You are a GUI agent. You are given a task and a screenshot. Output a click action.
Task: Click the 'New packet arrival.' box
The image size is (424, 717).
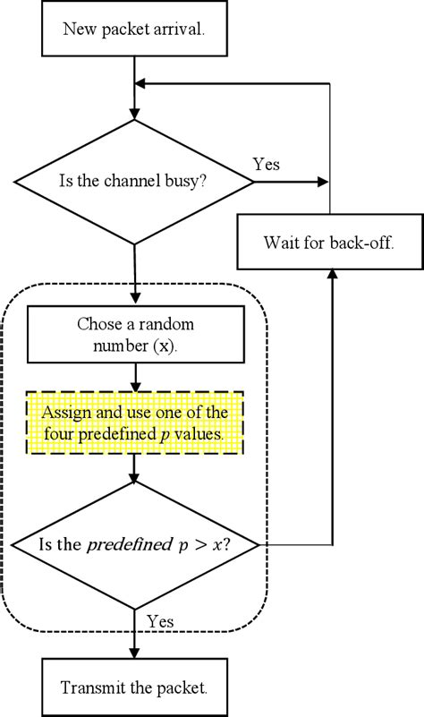click(134, 29)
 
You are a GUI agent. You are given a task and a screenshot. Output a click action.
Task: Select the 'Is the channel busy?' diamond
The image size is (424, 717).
click(134, 182)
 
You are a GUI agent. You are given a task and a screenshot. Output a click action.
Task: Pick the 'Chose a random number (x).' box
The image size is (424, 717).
click(134, 334)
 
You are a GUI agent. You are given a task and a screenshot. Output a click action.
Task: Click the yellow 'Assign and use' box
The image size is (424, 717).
click(134, 423)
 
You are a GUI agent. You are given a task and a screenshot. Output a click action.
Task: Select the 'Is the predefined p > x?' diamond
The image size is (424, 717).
click(134, 544)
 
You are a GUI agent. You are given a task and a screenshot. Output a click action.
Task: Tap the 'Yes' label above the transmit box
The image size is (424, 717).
click(160, 621)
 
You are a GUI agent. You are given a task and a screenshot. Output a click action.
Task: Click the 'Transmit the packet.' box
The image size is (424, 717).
click(134, 687)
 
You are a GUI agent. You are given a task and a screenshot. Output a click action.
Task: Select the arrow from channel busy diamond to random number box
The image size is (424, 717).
click(134, 273)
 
